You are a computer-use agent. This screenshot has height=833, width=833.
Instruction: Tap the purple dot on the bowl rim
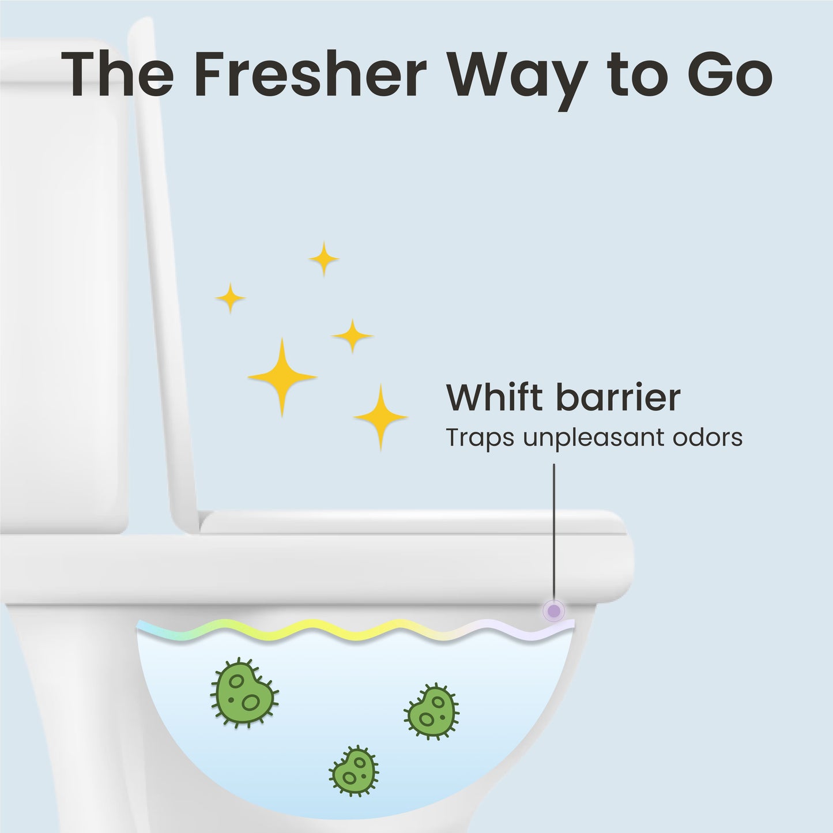(554, 610)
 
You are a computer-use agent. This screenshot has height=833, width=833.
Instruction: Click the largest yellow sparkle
(282, 376)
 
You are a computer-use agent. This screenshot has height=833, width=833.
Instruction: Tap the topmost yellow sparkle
(323, 259)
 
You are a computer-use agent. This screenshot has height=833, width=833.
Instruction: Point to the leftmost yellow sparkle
(231, 298)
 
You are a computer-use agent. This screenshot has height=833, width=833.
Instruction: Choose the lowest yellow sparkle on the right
(380, 416)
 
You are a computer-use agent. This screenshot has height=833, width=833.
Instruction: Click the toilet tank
(63, 288)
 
